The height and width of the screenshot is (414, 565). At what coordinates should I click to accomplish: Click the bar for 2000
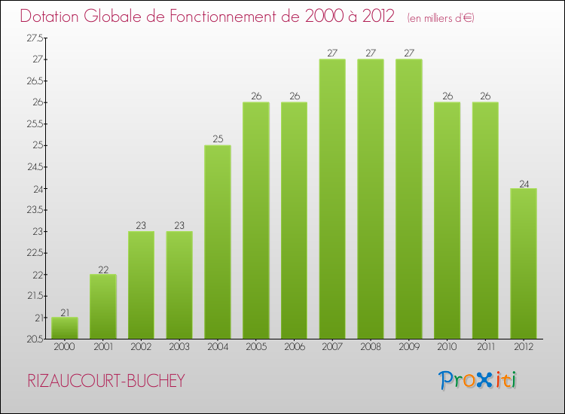coord(65,328)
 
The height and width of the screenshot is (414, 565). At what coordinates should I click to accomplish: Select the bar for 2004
coord(218,242)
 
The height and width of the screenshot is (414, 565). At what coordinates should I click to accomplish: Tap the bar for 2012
coord(524,263)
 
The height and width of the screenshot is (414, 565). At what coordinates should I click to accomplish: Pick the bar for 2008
coord(371,199)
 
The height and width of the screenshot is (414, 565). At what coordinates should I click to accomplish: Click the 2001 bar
coord(103,306)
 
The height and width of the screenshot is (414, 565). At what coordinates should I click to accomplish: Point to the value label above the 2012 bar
coord(524,183)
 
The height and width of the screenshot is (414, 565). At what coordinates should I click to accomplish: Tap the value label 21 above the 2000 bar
coord(65,312)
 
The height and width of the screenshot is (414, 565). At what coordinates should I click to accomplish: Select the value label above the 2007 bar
coord(332,53)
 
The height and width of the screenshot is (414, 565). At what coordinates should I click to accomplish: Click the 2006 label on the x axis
coord(294,347)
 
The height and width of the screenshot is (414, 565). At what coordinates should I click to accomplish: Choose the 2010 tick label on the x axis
coord(447,347)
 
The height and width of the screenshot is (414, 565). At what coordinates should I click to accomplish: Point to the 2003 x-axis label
coord(179,347)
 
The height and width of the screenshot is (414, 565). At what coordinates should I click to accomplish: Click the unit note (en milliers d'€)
coord(441,17)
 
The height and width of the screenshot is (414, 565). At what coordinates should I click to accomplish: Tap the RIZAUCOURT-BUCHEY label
coord(105,381)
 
